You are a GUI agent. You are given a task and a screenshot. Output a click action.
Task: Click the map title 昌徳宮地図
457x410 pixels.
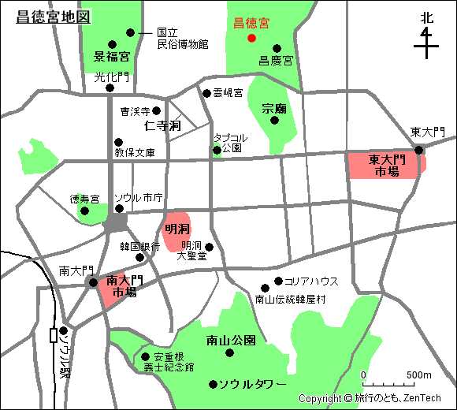[54, 16]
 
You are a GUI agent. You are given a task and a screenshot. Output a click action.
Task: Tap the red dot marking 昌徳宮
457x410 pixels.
[251, 38]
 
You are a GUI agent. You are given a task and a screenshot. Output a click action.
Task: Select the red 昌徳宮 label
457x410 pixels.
[251, 24]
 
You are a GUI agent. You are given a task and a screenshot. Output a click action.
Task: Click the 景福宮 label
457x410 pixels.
[112, 57]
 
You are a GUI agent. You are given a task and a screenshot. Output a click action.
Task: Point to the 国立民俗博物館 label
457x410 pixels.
[182, 39]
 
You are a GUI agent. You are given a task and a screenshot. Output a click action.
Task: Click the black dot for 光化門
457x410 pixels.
[110, 88]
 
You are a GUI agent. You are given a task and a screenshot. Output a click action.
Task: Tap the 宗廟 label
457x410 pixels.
[275, 108]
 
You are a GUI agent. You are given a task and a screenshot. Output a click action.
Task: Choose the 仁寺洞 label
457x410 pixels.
[162, 125]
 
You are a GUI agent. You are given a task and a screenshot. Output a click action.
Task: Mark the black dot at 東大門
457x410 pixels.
[419, 150]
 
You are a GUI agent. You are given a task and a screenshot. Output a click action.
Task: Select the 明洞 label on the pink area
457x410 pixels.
[176, 229]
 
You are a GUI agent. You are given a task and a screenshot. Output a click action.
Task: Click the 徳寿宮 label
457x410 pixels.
[85, 199]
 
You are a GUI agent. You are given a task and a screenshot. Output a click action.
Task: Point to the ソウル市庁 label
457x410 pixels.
[139, 197]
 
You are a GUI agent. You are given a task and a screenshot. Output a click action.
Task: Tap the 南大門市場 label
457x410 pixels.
[124, 285]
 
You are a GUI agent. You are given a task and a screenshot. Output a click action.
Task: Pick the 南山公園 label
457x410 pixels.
[231, 341]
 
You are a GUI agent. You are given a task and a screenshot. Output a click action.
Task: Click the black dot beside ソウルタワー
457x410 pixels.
[212, 385]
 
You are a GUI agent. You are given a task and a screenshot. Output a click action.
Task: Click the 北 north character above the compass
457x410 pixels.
[426, 17]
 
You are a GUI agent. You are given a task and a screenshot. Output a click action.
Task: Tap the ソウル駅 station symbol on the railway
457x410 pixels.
[54, 335]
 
